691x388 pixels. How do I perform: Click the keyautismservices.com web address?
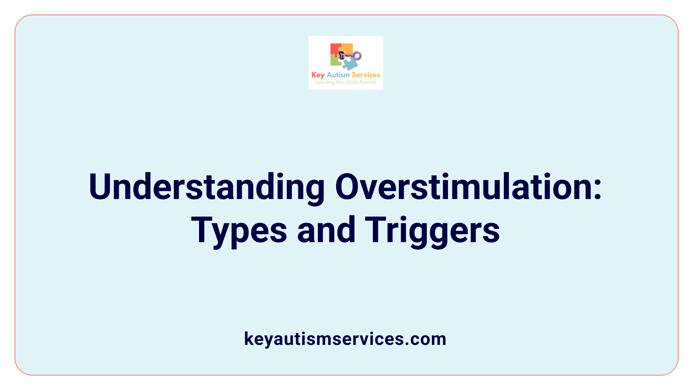click(345, 339)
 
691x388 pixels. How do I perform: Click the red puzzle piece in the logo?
click(335, 49)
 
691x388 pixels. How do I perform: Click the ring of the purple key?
click(357, 55)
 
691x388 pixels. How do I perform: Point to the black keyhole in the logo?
click(342, 55)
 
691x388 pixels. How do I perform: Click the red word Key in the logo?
click(318, 75)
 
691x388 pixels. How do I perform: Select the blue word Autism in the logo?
click(338, 75)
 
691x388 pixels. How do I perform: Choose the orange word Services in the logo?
click(366, 75)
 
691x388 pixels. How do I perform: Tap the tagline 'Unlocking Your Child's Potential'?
click(345, 82)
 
